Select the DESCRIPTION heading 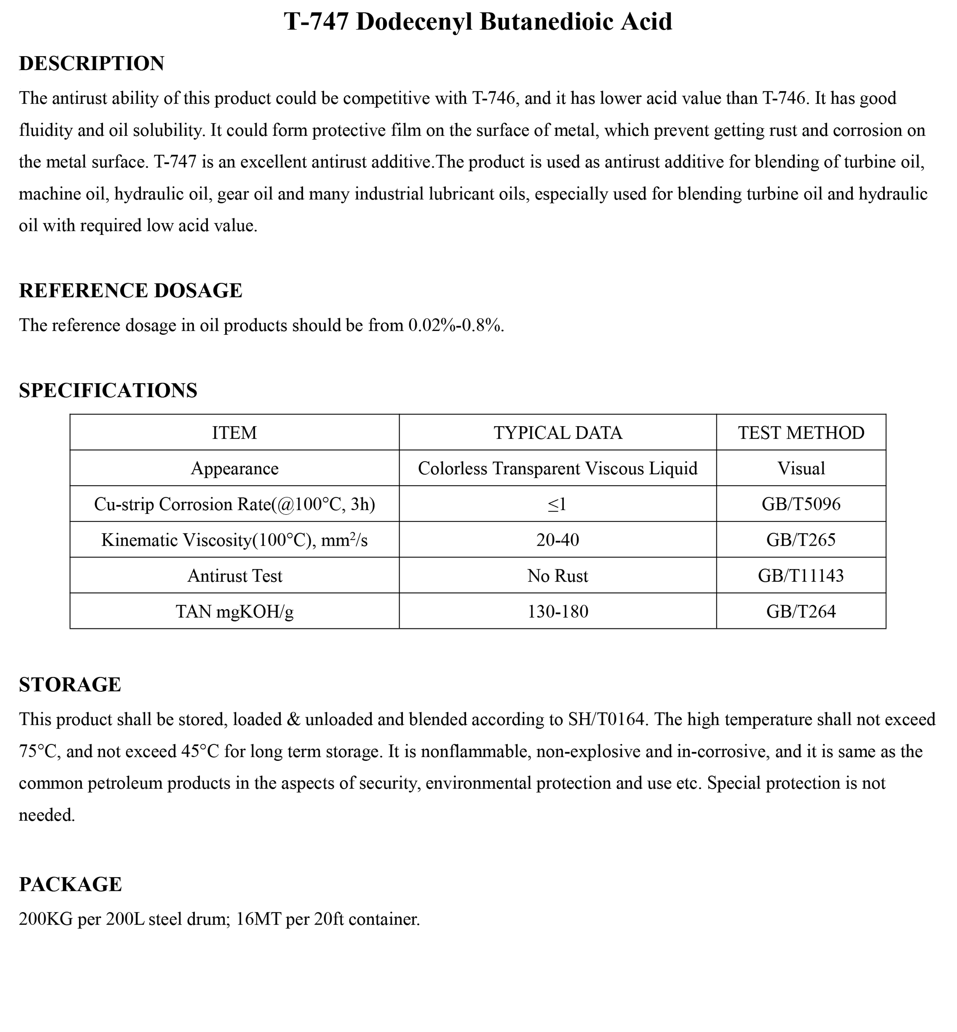point(92,64)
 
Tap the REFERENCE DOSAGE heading point(130,291)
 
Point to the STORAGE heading point(70,685)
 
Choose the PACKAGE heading point(70,884)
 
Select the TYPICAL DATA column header point(558,433)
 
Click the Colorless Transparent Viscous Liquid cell point(558,468)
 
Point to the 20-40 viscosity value point(558,540)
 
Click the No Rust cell point(558,576)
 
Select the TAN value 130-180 point(558,611)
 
